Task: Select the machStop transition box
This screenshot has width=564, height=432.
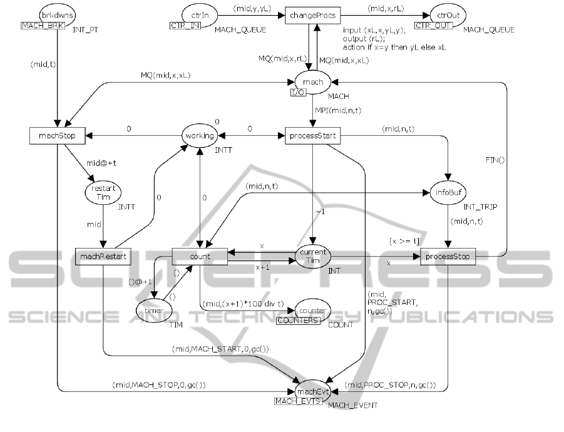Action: tap(58, 135)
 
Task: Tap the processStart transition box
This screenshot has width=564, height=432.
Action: tap(312, 135)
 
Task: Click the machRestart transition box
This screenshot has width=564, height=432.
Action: tap(103, 256)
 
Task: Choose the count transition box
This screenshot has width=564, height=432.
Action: tap(199, 256)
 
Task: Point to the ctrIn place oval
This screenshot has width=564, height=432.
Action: tap(192, 14)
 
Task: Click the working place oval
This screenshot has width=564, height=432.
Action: tap(199, 135)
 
